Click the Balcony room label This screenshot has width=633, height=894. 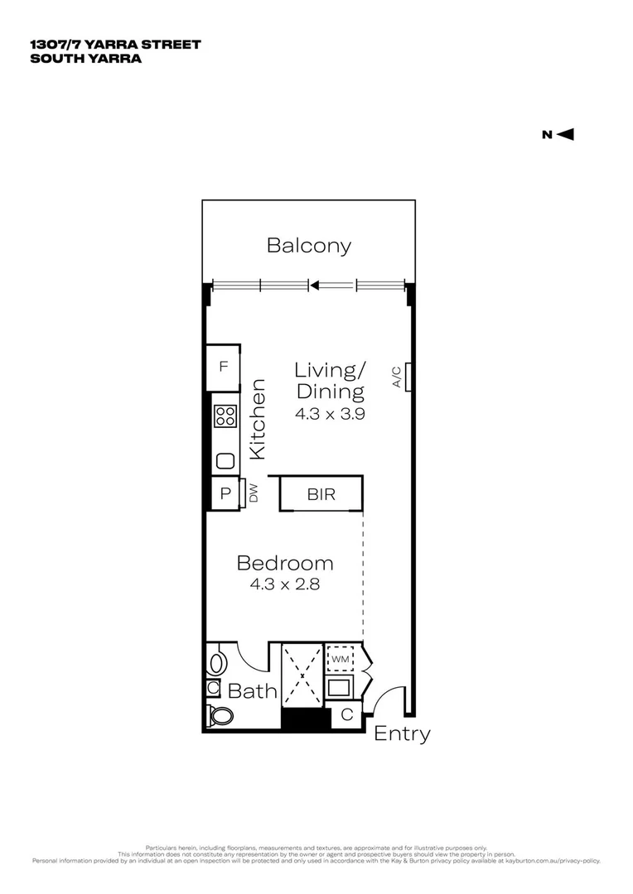[x=308, y=246]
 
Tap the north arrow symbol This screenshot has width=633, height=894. [x=567, y=135]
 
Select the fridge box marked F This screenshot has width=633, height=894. [x=223, y=366]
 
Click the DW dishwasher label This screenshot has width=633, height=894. [x=254, y=493]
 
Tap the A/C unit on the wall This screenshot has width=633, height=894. [x=408, y=377]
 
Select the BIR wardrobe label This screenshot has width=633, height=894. [x=321, y=495]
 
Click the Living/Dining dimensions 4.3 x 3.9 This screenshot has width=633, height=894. [x=330, y=414]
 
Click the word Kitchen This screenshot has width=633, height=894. [x=258, y=419]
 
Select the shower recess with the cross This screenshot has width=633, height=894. [x=302, y=675]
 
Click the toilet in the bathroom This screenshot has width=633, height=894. [x=221, y=716]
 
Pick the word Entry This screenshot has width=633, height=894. [x=403, y=733]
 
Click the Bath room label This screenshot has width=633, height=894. [x=252, y=690]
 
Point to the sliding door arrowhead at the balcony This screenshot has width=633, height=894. [x=314, y=286]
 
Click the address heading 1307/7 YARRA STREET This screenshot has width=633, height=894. [x=114, y=45]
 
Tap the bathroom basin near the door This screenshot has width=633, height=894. [x=218, y=662]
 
